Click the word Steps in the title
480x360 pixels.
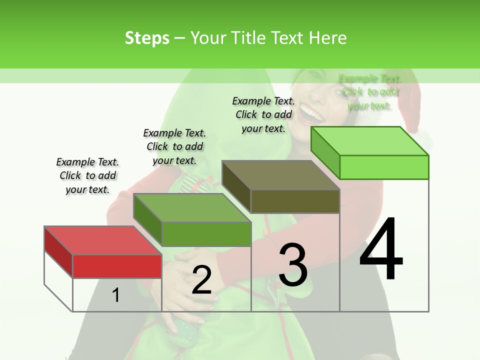point(146,38)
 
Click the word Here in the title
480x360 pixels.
point(327,38)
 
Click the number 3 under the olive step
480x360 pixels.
point(293,264)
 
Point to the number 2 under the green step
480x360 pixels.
point(201,280)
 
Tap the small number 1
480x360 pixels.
point(116,295)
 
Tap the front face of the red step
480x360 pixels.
point(117,266)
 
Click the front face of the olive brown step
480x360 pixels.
point(295,201)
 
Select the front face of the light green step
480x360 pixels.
point(383,167)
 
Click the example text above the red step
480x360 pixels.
point(87,175)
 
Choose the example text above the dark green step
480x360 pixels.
point(174,146)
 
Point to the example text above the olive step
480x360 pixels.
point(263,114)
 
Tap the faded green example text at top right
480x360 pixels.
point(369,92)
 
